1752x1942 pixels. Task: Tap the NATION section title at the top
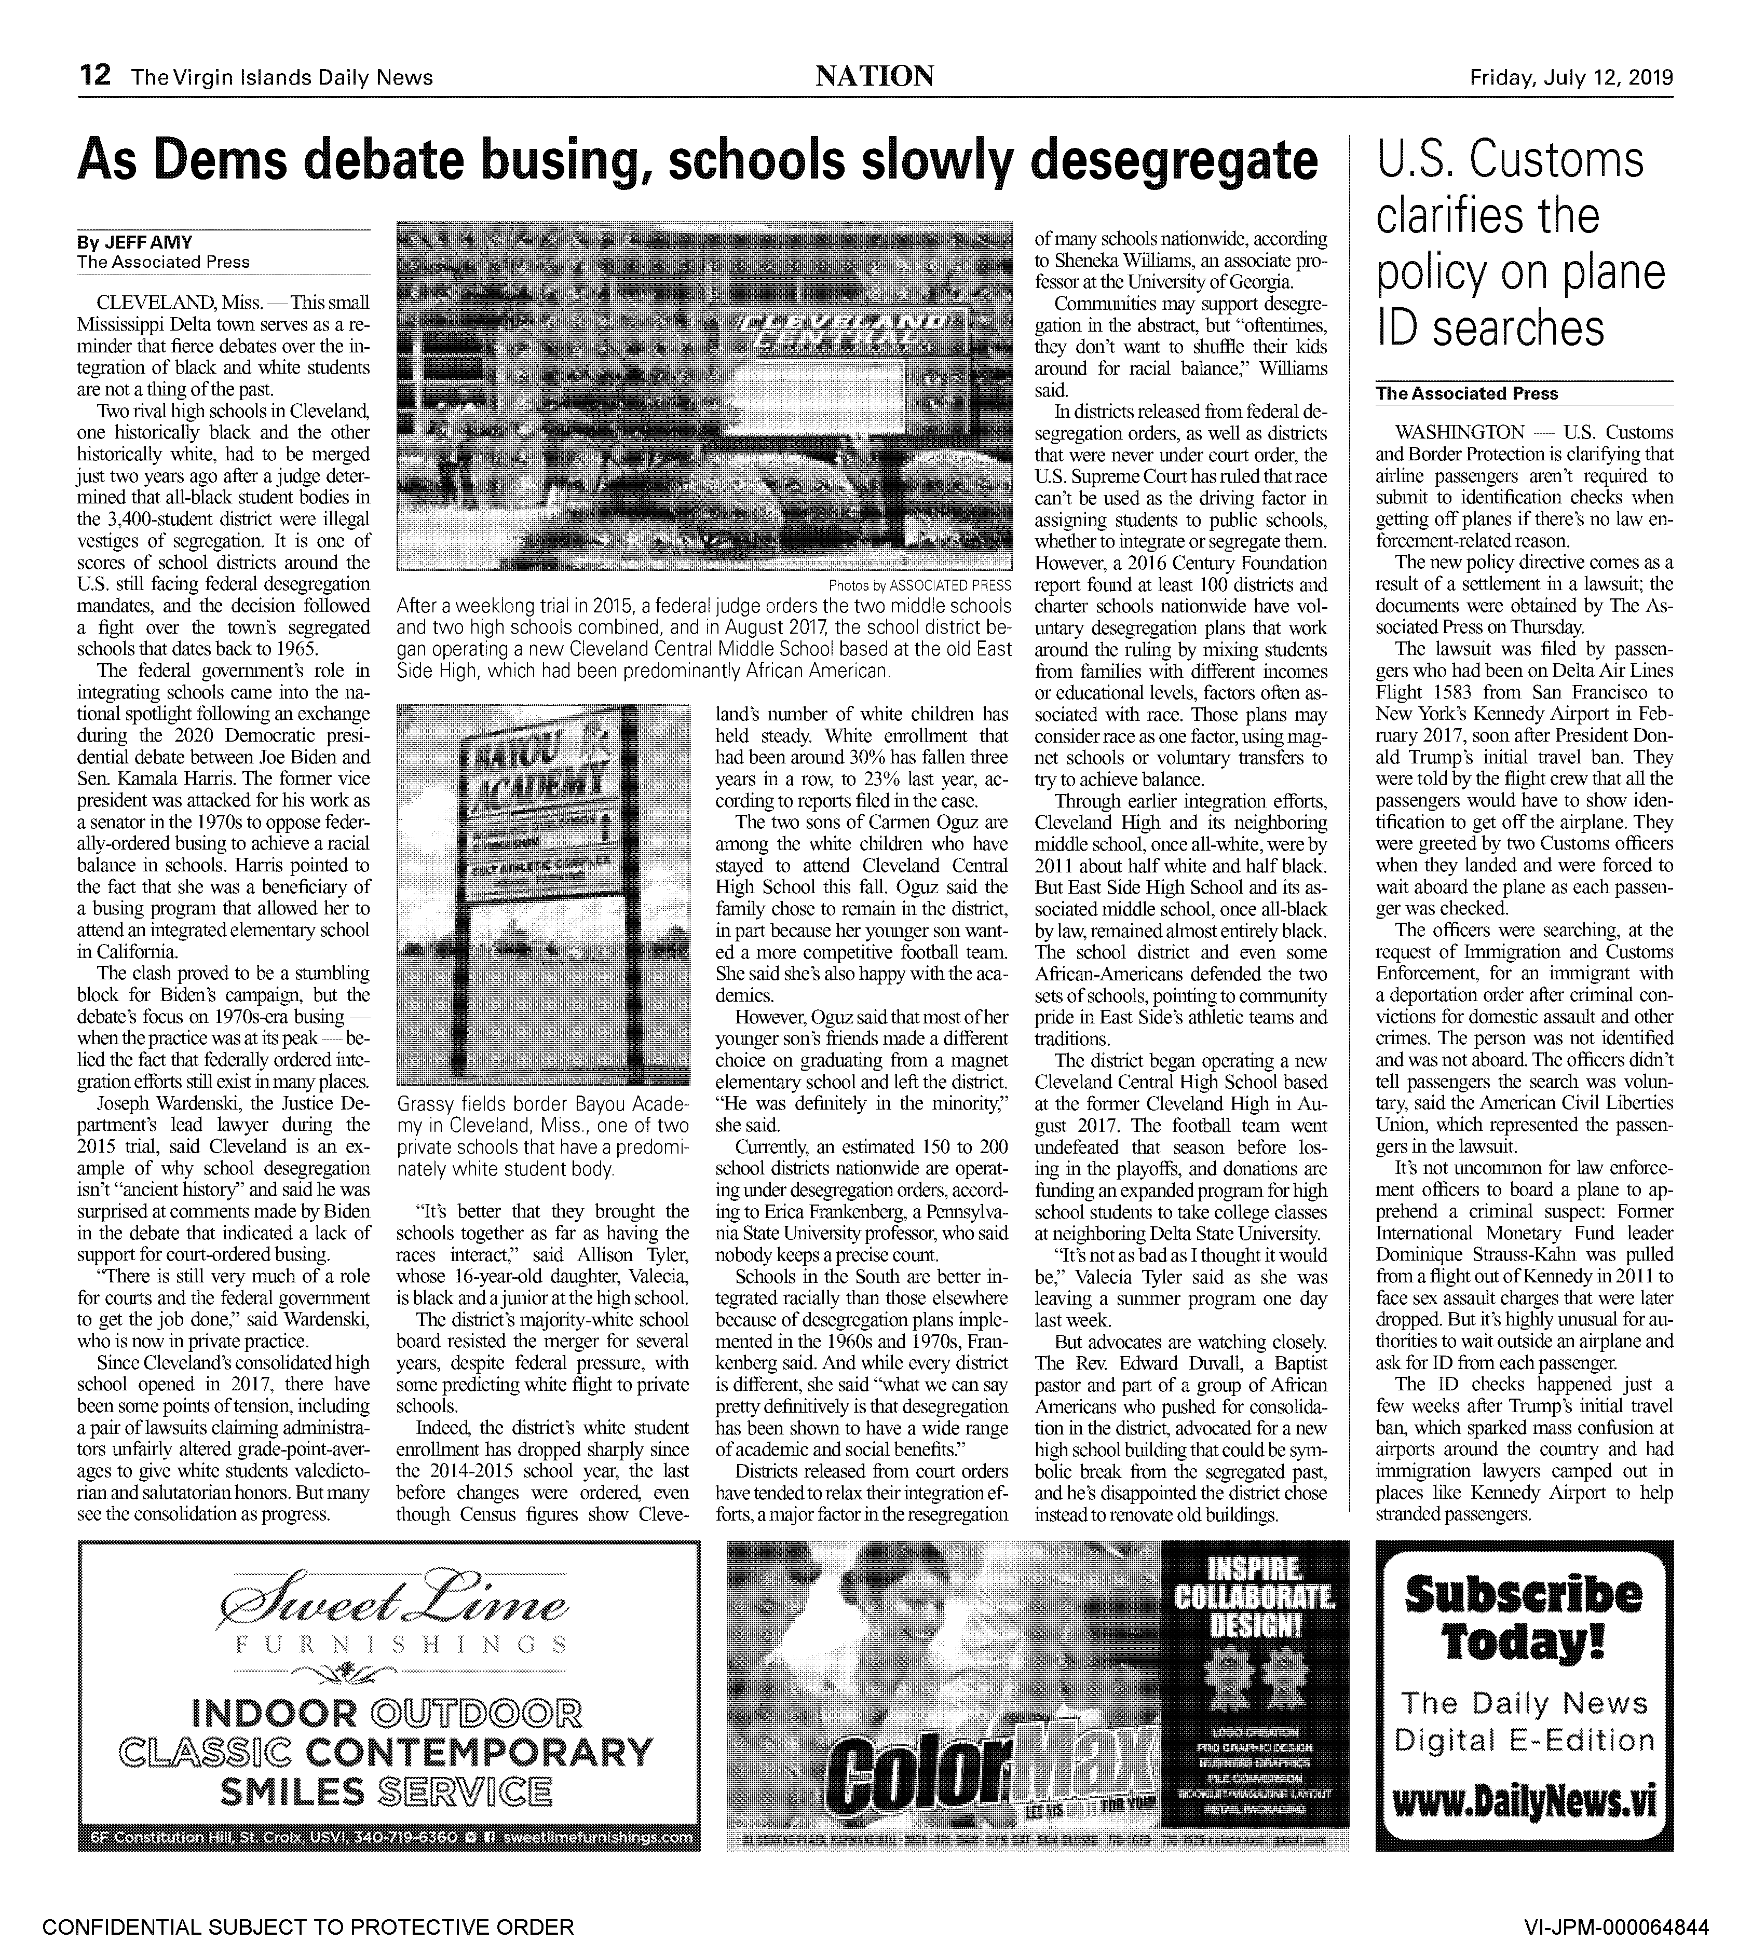coord(873,76)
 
